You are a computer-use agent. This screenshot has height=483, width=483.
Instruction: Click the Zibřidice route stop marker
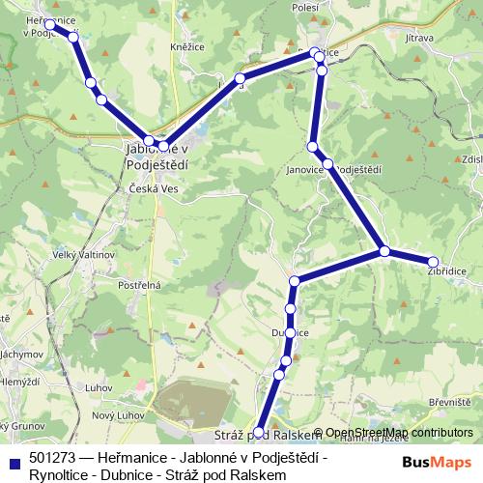point(433,262)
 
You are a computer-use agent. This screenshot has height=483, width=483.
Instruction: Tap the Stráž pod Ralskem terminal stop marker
point(258,433)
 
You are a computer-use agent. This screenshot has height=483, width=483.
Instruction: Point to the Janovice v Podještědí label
point(334,170)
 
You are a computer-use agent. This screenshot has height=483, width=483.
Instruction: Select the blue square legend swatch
point(14,457)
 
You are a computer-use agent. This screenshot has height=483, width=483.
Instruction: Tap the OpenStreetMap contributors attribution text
point(399,433)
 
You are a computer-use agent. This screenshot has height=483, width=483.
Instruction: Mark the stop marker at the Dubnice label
point(290,332)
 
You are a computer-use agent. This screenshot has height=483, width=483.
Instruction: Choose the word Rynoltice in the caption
point(57,474)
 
